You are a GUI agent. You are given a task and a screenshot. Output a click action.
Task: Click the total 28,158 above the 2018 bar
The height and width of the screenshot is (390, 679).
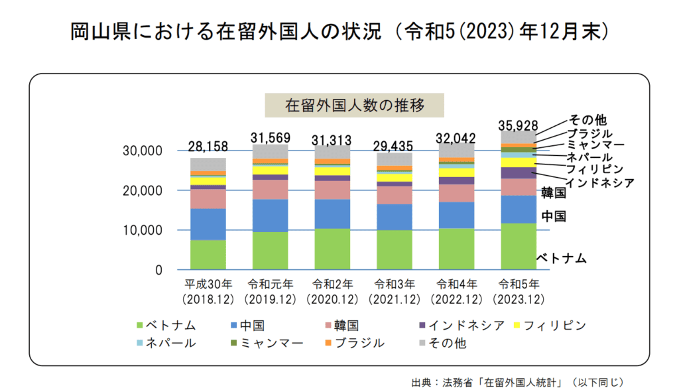click(208, 146)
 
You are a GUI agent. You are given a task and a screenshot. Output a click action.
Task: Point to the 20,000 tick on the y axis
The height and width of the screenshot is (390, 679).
click(143, 191)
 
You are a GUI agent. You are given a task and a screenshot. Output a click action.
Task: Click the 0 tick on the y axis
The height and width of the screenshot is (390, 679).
click(158, 271)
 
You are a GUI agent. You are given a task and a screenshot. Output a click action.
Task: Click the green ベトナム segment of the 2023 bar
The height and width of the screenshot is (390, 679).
click(519, 247)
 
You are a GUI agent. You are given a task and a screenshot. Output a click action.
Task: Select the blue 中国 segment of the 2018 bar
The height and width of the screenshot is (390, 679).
click(208, 224)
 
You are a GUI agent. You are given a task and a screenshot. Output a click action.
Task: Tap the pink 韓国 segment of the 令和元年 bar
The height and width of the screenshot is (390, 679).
click(271, 190)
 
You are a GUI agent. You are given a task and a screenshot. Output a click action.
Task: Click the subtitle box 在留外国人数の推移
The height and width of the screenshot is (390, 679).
click(354, 105)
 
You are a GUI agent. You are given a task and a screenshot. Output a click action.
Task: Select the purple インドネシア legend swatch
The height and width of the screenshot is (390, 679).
click(422, 325)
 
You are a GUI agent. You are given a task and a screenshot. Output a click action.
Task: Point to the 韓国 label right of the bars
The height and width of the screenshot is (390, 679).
click(553, 193)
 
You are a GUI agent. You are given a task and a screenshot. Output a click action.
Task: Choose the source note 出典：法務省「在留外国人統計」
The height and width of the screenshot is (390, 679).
click(517, 381)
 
